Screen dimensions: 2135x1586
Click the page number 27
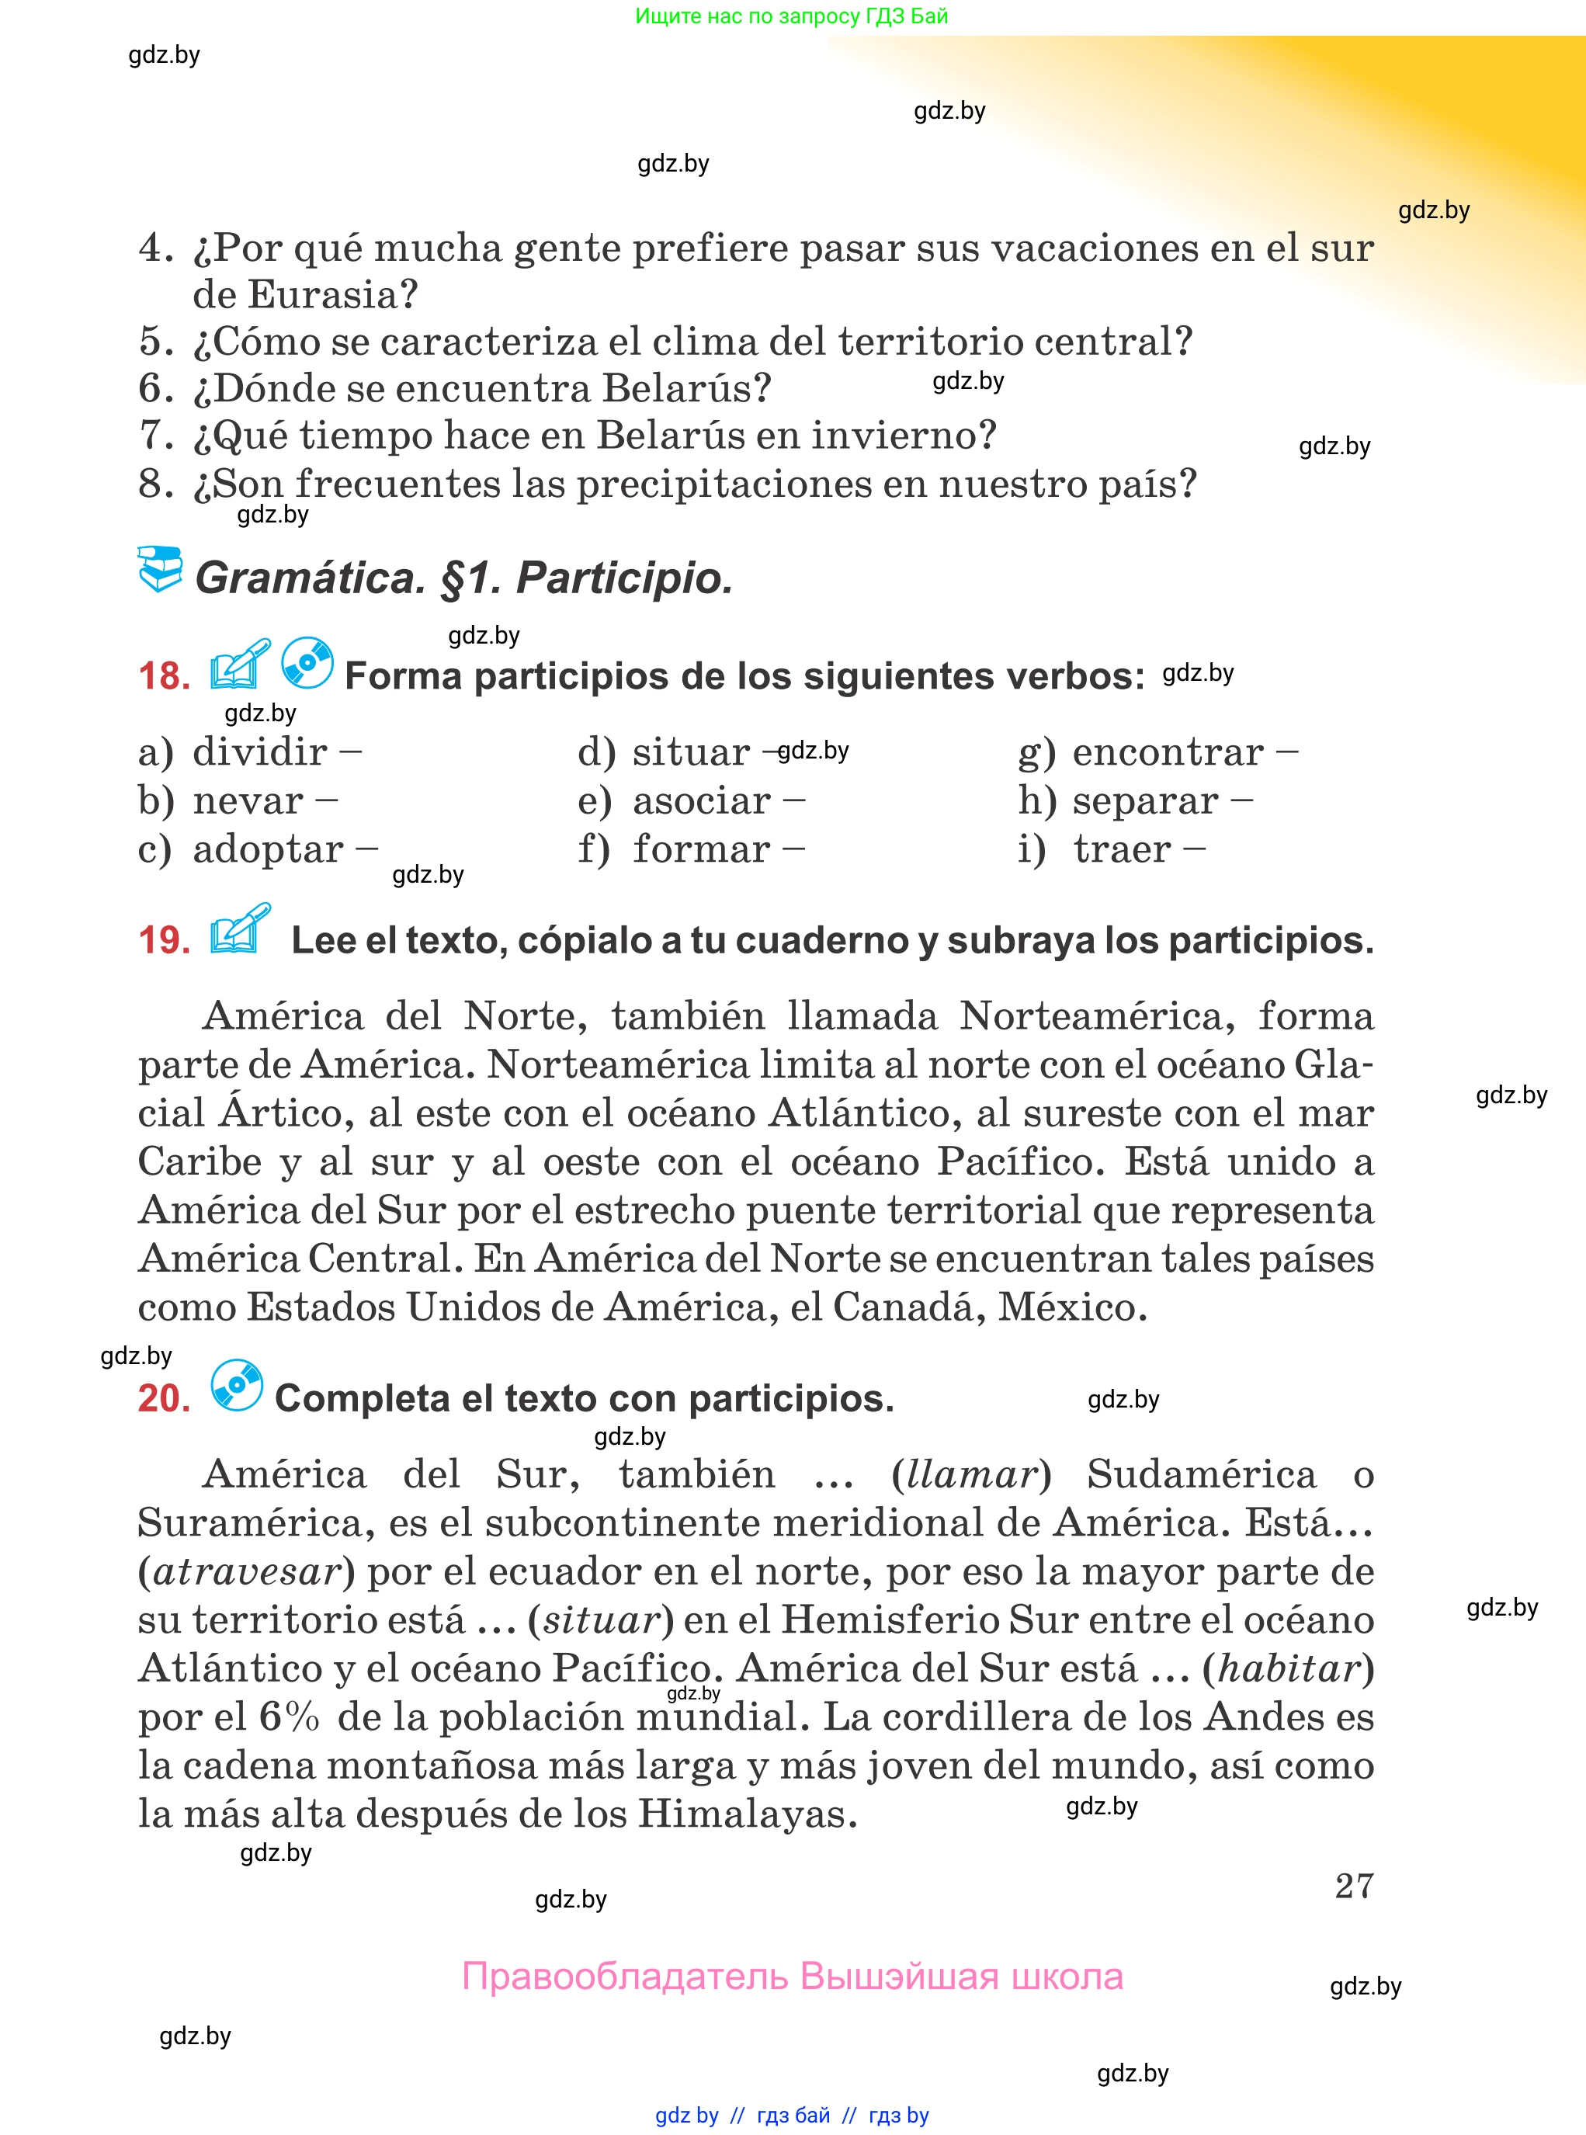(x=1354, y=1887)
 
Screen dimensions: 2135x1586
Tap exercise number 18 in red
(x=164, y=676)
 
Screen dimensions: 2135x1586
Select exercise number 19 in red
(x=164, y=940)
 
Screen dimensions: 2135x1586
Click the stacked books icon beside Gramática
(x=159, y=569)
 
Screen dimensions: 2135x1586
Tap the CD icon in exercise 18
(x=307, y=662)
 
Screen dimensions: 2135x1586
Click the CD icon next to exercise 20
(x=236, y=1385)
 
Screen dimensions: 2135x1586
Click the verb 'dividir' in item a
(x=260, y=752)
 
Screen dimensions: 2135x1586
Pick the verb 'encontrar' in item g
(x=1168, y=752)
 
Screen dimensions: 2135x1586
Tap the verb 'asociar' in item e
(x=702, y=800)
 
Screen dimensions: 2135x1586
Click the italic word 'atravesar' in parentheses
(x=247, y=1571)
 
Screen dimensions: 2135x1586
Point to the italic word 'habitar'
(x=1289, y=1668)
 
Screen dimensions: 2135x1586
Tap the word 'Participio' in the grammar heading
(x=624, y=578)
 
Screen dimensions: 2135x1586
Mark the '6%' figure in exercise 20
(x=289, y=1717)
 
